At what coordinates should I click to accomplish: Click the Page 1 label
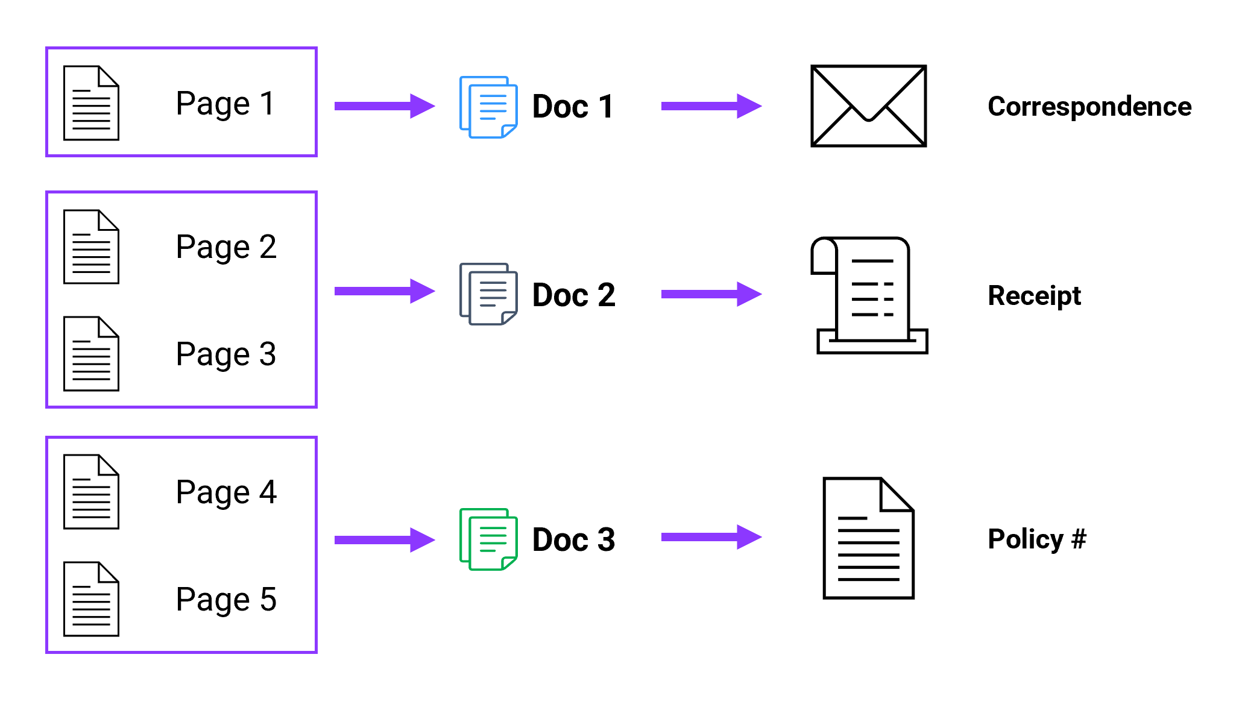(x=225, y=104)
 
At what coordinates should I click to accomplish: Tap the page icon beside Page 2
(x=91, y=247)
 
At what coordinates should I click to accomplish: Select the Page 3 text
(x=225, y=354)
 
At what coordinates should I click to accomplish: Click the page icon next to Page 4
(x=91, y=492)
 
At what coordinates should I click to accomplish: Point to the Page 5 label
(x=225, y=600)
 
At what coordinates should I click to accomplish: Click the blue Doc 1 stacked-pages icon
(x=488, y=107)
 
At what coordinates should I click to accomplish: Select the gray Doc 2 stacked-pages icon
(x=488, y=294)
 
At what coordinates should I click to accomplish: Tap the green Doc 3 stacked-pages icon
(x=488, y=539)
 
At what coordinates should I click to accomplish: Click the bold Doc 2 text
(x=573, y=295)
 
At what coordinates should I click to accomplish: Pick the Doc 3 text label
(x=573, y=540)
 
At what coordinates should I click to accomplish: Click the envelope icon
(x=868, y=106)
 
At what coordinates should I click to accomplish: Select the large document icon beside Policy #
(x=868, y=538)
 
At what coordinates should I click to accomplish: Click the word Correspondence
(x=1089, y=107)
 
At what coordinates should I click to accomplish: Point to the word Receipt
(x=1034, y=296)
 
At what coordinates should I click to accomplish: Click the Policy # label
(x=1036, y=539)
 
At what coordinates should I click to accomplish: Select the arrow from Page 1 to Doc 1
(x=384, y=106)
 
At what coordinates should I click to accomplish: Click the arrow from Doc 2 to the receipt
(x=711, y=294)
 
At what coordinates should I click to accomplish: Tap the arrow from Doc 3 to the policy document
(x=711, y=537)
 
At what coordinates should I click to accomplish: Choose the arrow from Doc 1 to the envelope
(x=711, y=106)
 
